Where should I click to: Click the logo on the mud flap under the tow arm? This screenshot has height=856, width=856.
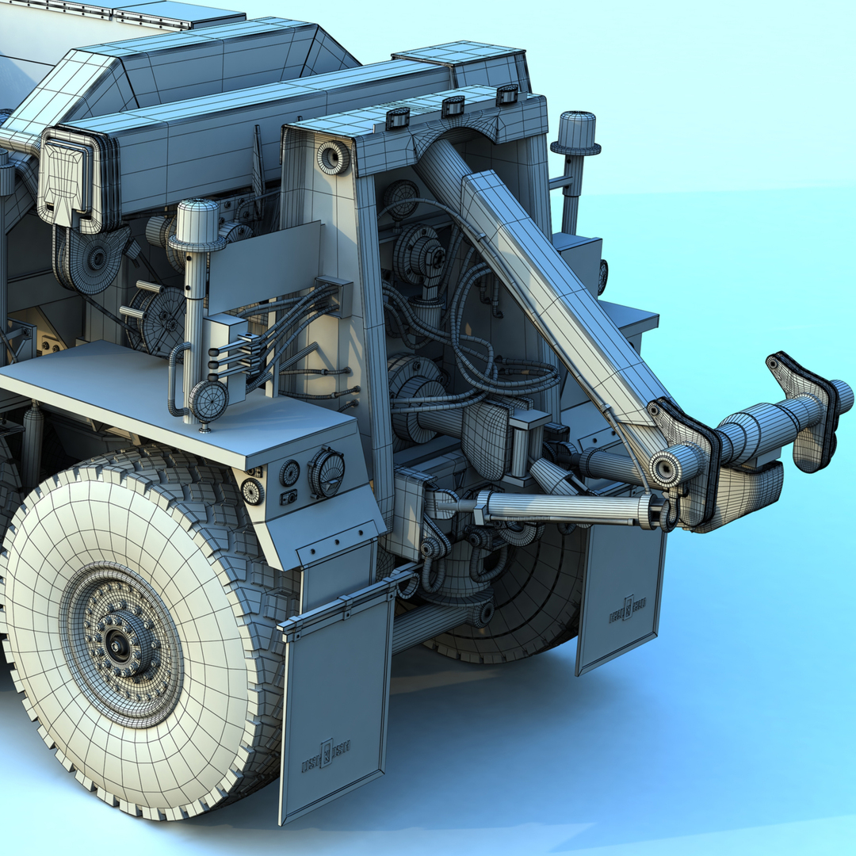point(627,610)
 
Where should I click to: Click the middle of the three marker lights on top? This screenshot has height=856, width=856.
point(453,106)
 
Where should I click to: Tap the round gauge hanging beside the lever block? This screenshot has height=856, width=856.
point(208,400)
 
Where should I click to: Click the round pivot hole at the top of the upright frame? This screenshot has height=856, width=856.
point(332,158)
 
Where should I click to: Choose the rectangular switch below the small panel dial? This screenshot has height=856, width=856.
point(289,498)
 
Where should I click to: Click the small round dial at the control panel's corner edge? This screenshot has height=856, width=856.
point(252,491)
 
